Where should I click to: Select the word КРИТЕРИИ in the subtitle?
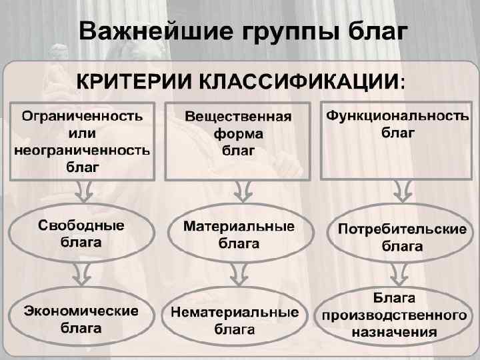pos(130,82)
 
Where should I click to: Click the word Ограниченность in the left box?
pos(82,115)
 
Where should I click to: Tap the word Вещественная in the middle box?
pos(238,117)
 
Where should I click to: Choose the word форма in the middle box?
pos(238,133)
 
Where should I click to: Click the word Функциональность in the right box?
pos(397,115)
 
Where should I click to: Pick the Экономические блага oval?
pos(82,319)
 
